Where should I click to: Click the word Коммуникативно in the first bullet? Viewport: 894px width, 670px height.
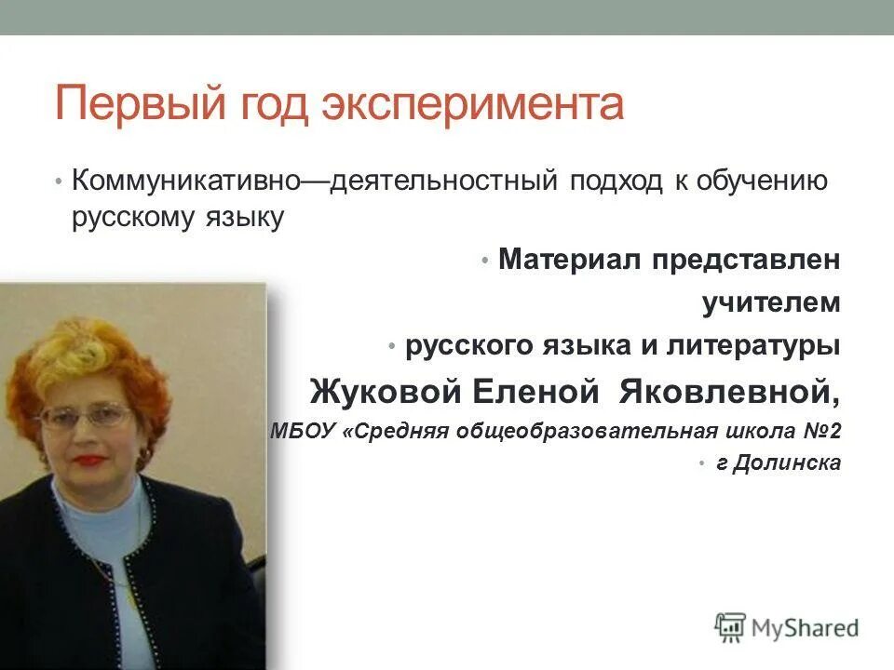coord(185,180)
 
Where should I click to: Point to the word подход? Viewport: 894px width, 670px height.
coord(612,180)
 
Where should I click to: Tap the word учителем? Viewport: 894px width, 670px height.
coord(771,303)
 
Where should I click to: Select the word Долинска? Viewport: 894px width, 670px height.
coord(787,463)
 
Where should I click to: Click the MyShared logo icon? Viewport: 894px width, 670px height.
coord(730,628)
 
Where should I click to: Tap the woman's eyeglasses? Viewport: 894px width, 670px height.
coord(98,414)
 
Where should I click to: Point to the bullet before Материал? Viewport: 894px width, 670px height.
coord(485,261)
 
